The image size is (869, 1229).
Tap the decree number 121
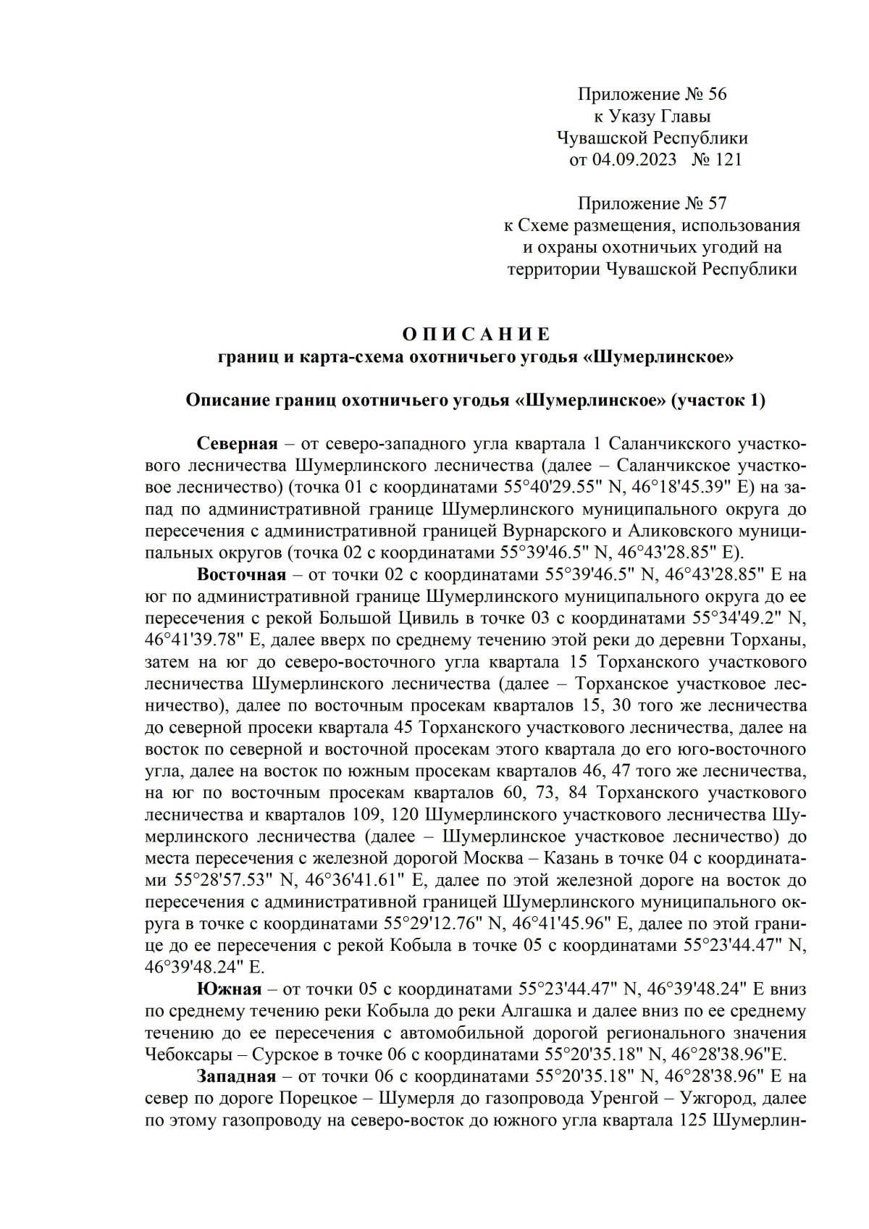pyautogui.click(x=728, y=159)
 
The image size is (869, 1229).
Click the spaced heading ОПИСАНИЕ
pyautogui.click(x=477, y=335)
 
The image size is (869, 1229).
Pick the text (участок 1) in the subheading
pyautogui.click(x=719, y=400)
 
